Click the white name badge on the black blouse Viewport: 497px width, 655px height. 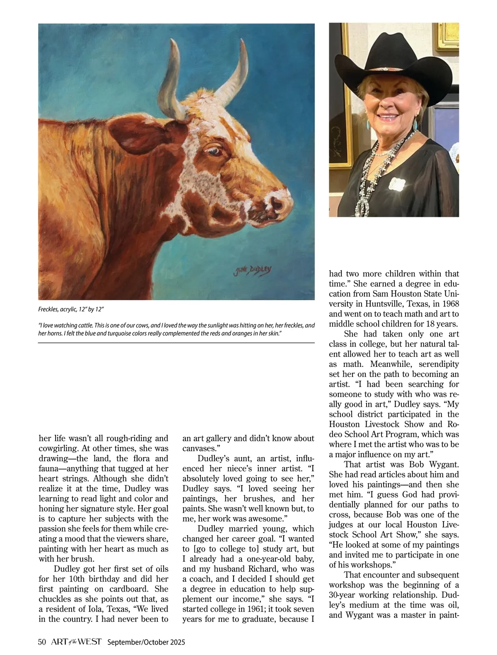[x=397, y=183]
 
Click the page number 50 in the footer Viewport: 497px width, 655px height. [x=42, y=642]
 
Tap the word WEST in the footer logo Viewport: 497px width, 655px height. [x=89, y=642]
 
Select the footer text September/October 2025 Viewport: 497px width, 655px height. [x=146, y=642]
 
